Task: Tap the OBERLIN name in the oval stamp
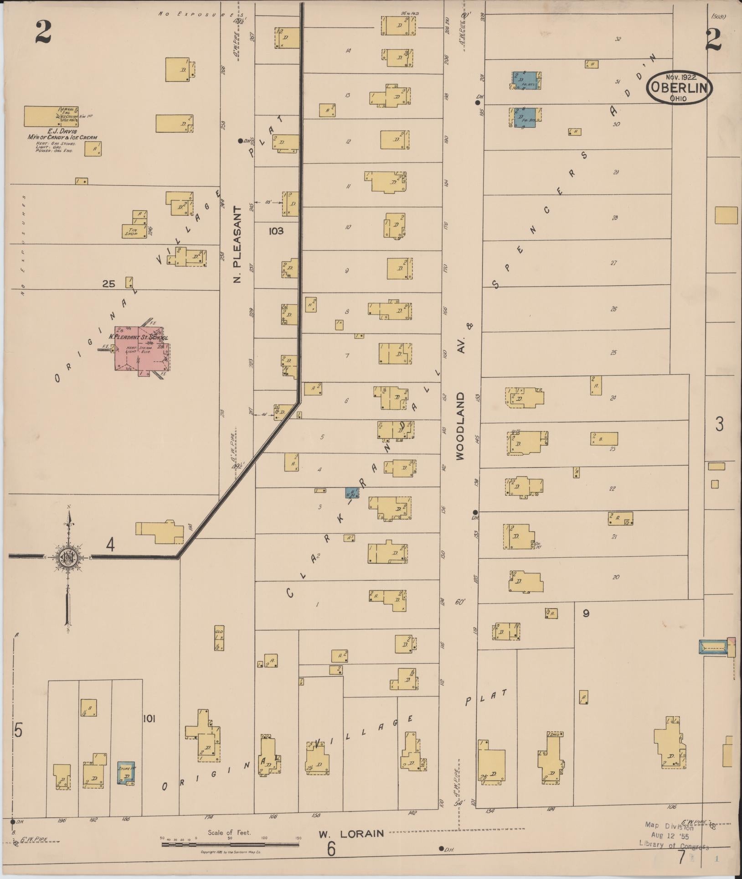coord(679,87)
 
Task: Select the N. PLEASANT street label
coord(237,244)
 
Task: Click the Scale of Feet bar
coord(230,844)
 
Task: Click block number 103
coord(276,231)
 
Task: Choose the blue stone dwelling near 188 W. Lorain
coord(126,774)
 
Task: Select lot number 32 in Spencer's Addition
coord(618,39)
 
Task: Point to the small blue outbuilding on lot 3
coord(352,493)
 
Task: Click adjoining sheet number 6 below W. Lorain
coord(331,849)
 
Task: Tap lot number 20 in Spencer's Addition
coord(616,577)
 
